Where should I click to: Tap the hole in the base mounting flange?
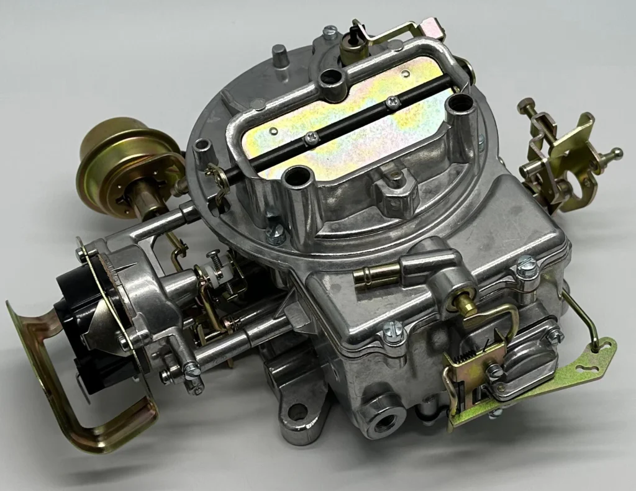[298, 411]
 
